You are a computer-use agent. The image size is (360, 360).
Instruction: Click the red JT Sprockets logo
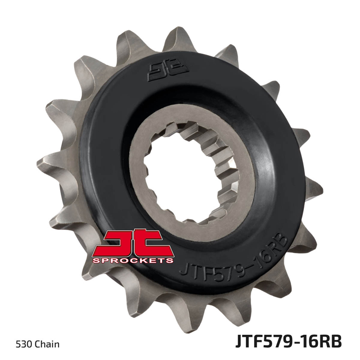133,246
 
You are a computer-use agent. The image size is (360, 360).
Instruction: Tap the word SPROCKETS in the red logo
133,260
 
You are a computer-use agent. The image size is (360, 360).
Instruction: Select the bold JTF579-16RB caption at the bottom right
289,341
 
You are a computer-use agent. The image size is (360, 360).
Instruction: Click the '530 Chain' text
38,345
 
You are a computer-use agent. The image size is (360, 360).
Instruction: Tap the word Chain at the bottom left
47,345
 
